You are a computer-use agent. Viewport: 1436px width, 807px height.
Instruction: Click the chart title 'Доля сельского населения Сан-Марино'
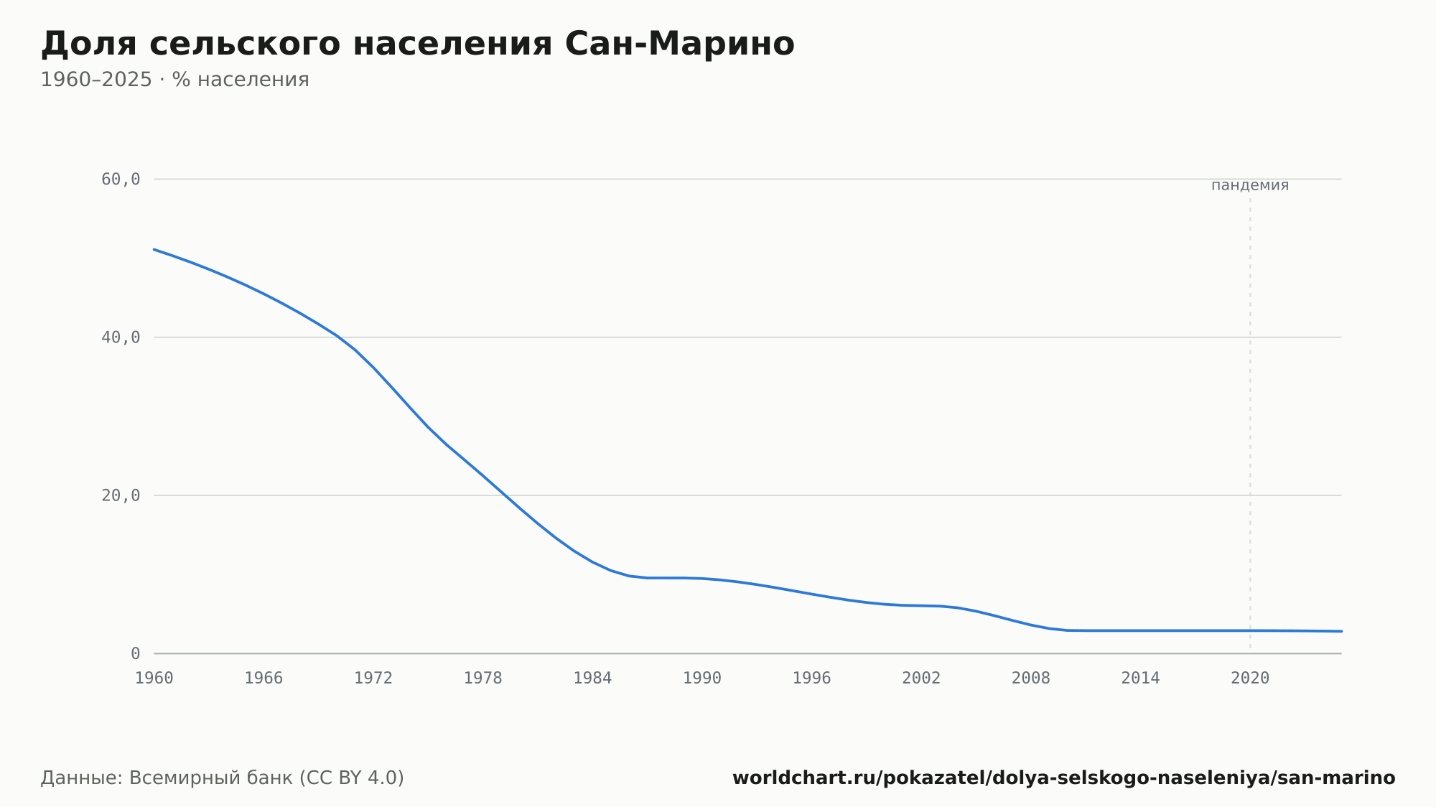418,44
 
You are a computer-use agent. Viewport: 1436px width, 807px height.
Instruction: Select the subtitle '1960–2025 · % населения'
174,80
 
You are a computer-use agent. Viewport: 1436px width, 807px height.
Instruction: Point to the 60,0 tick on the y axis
121,179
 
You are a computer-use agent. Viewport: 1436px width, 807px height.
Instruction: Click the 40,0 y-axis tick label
121,337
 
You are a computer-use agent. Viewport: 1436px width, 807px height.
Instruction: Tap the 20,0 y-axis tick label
121,495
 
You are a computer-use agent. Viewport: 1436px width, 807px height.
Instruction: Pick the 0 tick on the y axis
135,654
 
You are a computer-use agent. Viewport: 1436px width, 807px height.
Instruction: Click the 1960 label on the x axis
154,678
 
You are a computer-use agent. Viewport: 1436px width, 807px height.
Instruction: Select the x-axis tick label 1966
264,678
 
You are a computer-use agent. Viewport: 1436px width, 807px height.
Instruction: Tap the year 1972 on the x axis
373,678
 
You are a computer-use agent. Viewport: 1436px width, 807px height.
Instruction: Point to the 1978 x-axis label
483,678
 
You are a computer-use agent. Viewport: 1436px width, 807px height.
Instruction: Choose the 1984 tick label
592,678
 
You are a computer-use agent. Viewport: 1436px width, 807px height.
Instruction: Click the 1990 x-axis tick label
702,678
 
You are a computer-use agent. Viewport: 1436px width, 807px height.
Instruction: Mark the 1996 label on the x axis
812,678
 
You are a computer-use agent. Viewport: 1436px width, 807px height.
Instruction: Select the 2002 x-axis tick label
921,678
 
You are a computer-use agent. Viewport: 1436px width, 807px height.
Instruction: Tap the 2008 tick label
1031,678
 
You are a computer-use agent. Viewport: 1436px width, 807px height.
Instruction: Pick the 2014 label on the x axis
1141,678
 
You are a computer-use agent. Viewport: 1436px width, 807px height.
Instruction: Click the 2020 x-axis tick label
1250,678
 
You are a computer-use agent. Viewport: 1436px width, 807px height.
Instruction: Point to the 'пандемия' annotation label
1250,185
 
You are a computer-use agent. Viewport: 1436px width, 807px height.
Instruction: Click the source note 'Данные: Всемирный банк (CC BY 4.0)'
223,778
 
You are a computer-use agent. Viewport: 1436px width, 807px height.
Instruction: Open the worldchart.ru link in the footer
1064,778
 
